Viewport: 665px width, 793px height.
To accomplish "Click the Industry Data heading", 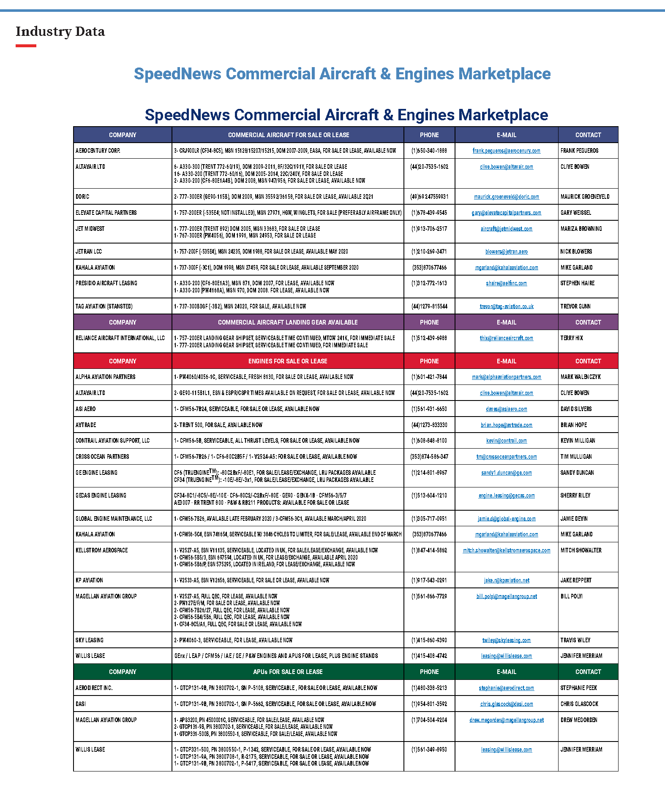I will [60, 32].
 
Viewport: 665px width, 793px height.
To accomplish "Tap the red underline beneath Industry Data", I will [26, 46].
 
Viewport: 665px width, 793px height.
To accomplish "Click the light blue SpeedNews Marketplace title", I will [342, 74].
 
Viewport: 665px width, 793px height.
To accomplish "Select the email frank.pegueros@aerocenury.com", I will [506, 151].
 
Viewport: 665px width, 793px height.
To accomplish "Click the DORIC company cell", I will [82, 197].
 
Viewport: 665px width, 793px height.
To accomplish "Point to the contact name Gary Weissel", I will [575, 213].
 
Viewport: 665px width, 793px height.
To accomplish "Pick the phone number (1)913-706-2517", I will [429, 229].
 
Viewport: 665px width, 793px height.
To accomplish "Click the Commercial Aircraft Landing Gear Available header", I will [287, 322].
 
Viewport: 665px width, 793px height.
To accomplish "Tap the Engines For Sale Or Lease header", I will [287, 361].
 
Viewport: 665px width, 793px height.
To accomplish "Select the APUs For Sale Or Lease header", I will [287, 672].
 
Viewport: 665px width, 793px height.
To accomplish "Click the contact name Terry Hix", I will [571, 338].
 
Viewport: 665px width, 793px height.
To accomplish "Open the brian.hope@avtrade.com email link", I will [506, 425].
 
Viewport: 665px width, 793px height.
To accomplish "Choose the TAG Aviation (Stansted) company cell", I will [104, 306].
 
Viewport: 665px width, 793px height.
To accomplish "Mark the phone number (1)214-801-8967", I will [429, 473].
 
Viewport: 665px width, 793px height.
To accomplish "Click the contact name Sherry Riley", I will [575, 495].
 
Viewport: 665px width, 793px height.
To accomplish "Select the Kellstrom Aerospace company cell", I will [101, 550].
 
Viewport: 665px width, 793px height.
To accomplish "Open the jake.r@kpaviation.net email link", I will [506, 580].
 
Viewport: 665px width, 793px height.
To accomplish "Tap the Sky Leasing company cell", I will [90, 640].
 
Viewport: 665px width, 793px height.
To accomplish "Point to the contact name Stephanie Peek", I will [578, 688].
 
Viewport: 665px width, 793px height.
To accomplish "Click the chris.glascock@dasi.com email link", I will [506, 704].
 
